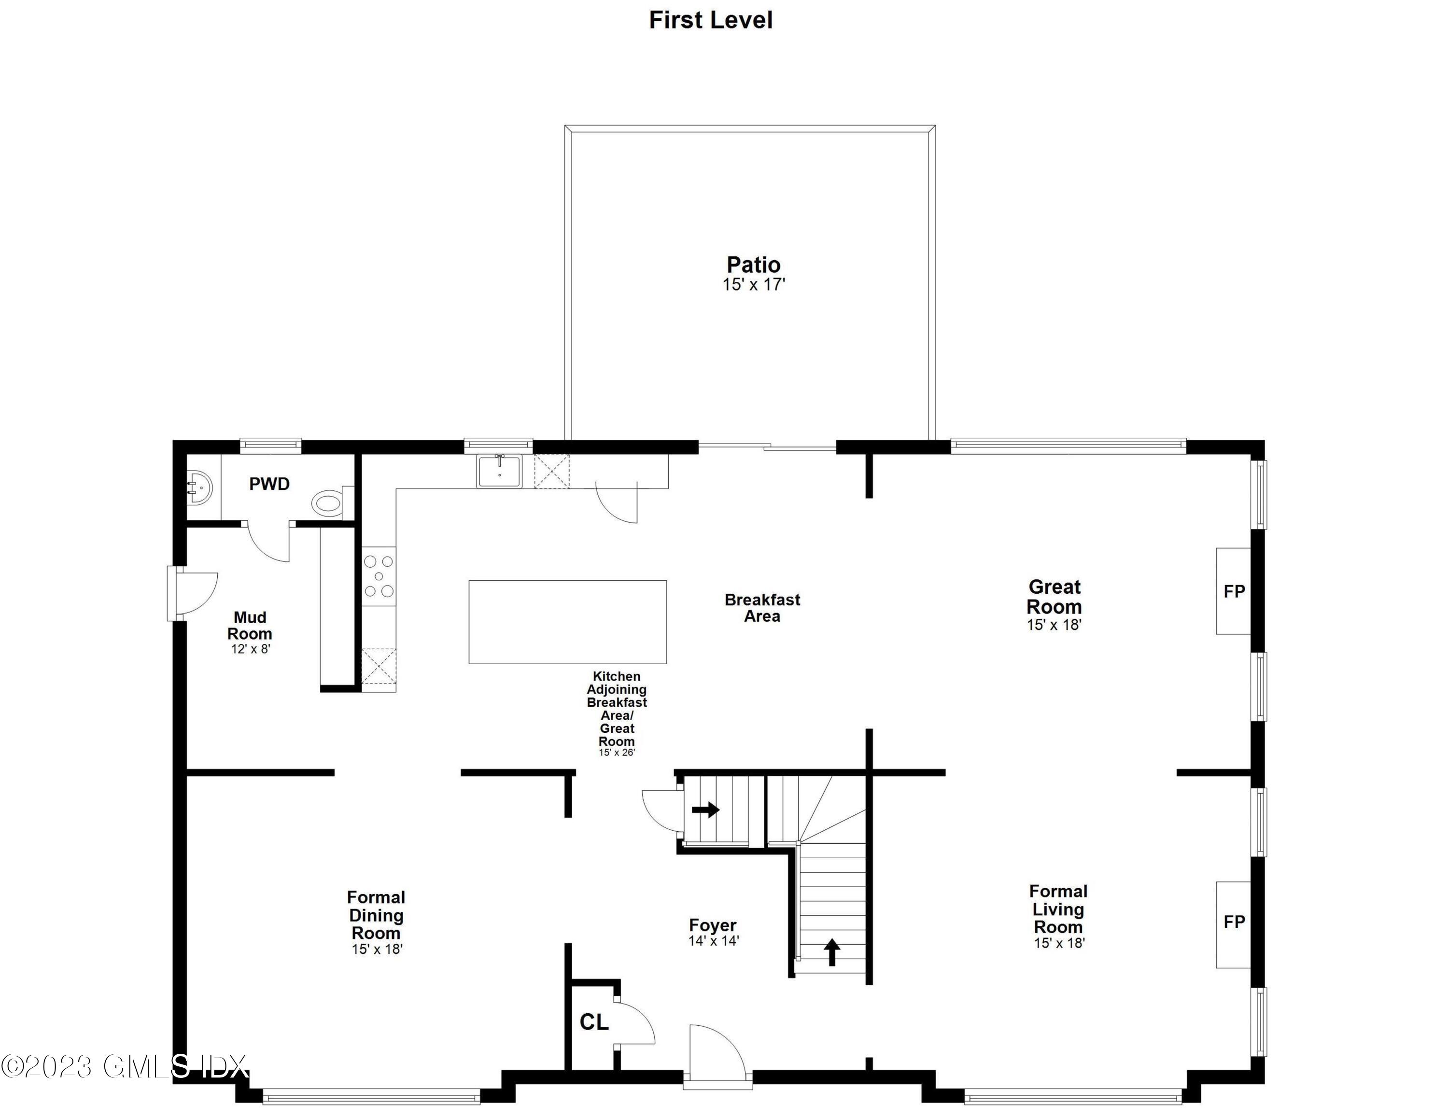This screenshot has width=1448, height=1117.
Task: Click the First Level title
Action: click(710, 20)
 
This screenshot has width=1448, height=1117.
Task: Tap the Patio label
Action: click(753, 265)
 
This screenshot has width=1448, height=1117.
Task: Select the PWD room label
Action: click(269, 484)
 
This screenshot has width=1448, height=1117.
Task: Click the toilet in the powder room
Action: click(329, 503)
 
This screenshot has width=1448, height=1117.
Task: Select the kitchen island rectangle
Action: click(567, 622)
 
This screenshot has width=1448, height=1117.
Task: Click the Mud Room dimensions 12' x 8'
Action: click(251, 649)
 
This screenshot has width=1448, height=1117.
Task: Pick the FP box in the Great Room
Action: click(1233, 591)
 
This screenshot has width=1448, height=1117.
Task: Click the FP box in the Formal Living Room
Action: click(1233, 922)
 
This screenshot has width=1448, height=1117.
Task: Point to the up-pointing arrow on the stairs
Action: click(832, 951)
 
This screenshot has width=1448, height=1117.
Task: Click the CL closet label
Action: click(593, 1022)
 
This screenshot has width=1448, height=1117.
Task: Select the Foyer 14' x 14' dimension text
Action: click(714, 941)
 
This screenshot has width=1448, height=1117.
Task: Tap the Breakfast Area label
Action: click(762, 608)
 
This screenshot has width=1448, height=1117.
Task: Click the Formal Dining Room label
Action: click(376, 915)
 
